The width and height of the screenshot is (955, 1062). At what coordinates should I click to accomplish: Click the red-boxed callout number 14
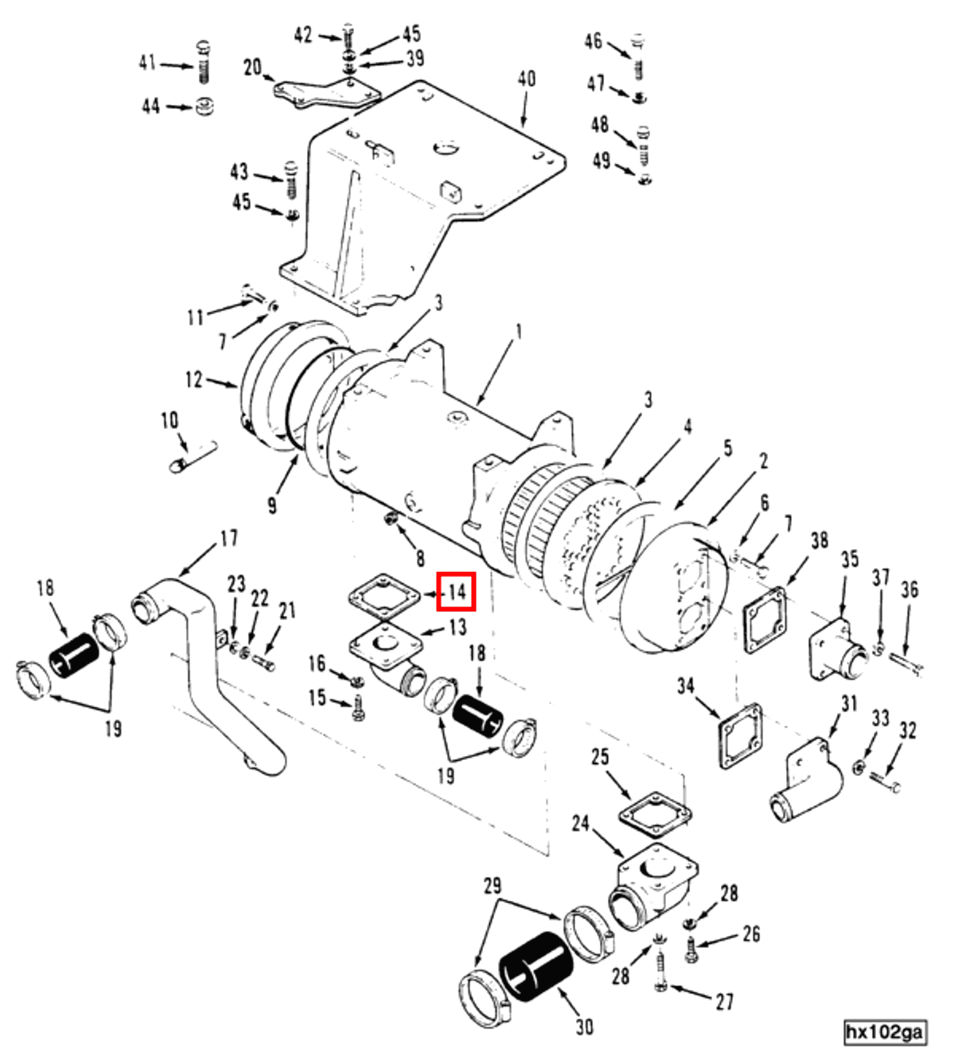click(x=456, y=592)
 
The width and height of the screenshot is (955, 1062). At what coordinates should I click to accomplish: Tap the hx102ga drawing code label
click(x=885, y=1032)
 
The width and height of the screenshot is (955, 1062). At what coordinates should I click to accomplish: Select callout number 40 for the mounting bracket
click(x=526, y=78)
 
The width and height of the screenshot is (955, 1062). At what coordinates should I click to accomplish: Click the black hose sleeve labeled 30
click(x=535, y=966)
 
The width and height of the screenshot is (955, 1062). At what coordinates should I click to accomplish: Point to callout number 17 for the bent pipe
click(x=229, y=538)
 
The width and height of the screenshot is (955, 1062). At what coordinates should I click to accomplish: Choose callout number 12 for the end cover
click(x=194, y=379)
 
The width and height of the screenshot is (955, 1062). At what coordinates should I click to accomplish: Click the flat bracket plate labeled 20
click(x=327, y=94)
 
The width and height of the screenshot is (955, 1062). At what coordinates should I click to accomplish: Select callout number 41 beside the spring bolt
click(x=147, y=63)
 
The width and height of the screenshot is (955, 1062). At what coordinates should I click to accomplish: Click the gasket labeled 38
click(x=765, y=620)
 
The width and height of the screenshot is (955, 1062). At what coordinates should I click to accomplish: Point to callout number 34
click(x=686, y=686)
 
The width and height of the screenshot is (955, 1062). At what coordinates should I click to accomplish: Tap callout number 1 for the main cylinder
click(x=518, y=331)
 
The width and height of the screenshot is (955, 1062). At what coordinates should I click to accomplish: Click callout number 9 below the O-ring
click(x=272, y=505)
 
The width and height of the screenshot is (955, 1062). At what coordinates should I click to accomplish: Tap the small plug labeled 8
click(x=391, y=518)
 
